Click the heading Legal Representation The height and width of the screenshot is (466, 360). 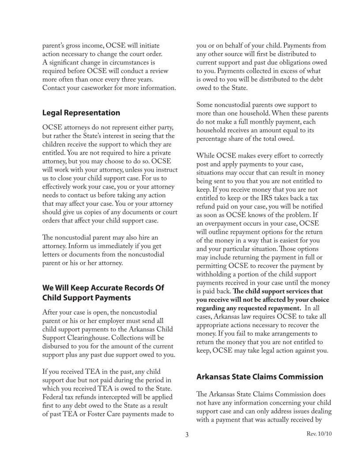[81, 113]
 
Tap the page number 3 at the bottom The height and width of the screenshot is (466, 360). [187, 435]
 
